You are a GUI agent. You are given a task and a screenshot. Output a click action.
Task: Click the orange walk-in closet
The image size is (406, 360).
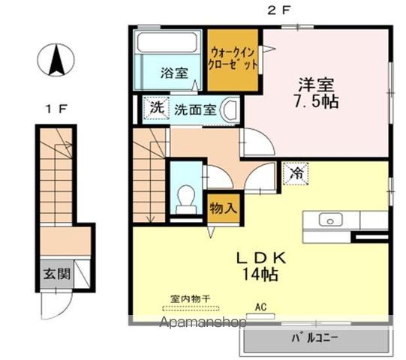click(x=233, y=58)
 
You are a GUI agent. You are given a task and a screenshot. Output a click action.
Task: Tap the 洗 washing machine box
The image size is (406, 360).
click(x=156, y=107)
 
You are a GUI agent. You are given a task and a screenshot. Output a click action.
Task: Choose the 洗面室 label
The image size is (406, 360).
click(x=196, y=109)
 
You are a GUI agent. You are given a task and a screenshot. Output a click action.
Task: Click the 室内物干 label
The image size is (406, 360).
click(x=191, y=299)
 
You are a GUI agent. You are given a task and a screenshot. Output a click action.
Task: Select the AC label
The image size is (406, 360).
click(x=261, y=307)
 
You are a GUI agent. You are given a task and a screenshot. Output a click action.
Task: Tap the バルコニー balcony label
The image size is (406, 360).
click(x=315, y=337)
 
